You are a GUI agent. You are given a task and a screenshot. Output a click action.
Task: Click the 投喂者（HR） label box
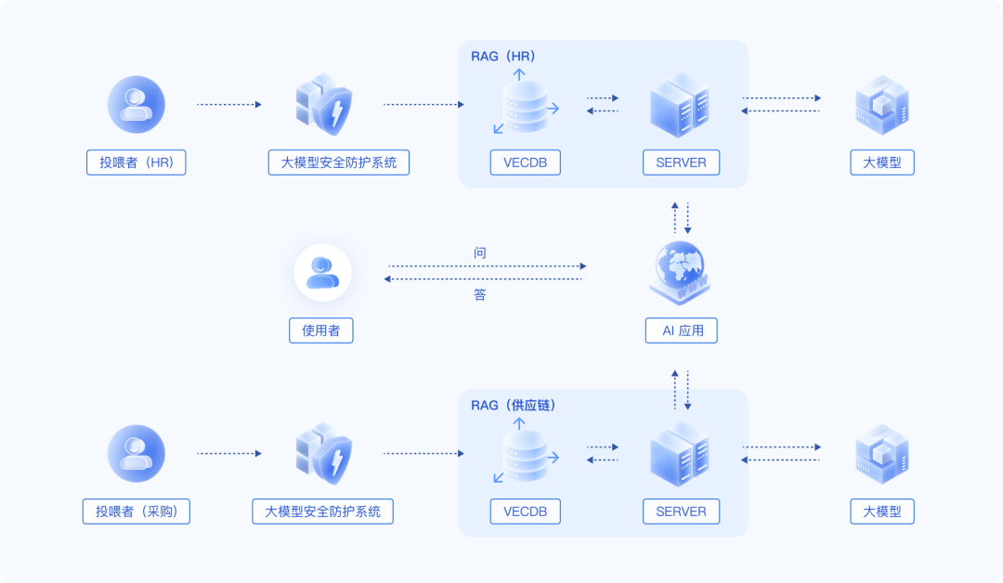pos(137,162)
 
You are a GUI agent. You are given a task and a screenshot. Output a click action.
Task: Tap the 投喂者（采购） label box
pos(137,511)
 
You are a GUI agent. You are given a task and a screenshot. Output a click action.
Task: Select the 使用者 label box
pos(321,330)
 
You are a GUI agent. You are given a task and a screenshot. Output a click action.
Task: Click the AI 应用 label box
pos(683,330)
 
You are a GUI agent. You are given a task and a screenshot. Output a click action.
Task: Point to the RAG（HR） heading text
pos(503,57)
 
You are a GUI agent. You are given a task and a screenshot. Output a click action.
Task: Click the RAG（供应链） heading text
pos(515,405)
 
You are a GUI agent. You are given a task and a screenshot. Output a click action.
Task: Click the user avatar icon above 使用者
pos(322,272)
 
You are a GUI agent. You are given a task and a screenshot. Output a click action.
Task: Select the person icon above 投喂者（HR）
pos(137,104)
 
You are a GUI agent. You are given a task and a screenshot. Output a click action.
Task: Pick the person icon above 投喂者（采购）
pos(137,453)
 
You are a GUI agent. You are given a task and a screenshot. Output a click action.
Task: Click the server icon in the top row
pos(681,106)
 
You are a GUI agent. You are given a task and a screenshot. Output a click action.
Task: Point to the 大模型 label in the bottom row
pos(882,511)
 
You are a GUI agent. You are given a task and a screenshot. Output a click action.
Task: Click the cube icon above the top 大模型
pos(881,105)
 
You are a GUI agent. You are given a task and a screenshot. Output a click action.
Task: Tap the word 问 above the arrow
pos(480,253)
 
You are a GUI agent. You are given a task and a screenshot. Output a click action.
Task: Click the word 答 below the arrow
pos(480,295)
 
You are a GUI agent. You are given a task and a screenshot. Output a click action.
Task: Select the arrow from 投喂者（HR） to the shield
pos(229,105)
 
